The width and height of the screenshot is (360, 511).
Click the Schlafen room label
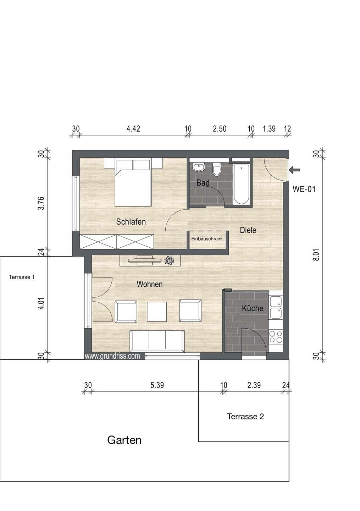tap(131, 221)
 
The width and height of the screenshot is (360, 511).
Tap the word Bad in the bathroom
tap(203, 182)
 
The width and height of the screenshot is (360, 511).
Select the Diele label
tap(248, 230)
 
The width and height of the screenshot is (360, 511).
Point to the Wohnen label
tap(150, 284)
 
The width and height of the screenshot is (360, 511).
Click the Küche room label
tap(253, 308)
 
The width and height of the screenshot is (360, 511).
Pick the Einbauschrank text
tap(207, 239)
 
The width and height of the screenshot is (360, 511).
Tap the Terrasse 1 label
tap(22, 277)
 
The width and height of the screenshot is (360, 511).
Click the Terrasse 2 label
tap(245, 417)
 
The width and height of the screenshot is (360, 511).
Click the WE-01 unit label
tap(304, 189)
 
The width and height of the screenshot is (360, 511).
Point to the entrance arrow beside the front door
tap(295, 170)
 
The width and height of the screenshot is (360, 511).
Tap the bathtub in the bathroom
tap(242, 184)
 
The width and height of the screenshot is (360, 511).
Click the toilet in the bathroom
tap(217, 169)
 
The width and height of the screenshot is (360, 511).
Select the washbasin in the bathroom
tap(198, 167)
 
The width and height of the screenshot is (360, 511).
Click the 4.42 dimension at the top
tap(133, 129)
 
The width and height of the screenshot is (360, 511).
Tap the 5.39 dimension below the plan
tap(157, 385)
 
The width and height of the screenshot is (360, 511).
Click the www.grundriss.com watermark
tap(112, 356)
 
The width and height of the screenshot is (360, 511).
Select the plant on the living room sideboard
tap(169, 260)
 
